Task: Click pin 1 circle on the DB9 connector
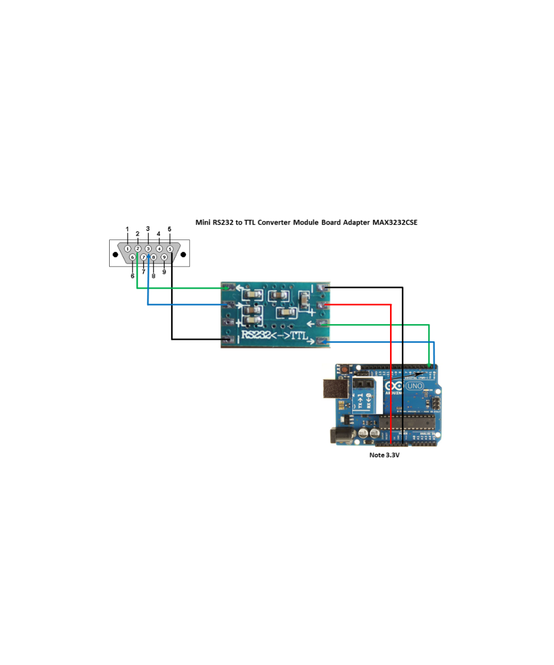pyautogui.click(x=127, y=249)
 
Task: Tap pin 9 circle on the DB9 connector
pyautogui.click(x=164, y=257)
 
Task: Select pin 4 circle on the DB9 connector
pyautogui.click(x=159, y=249)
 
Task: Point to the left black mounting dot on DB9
pyautogui.click(x=115, y=255)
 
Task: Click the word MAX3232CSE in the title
pyautogui.click(x=395, y=222)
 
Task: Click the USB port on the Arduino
pyautogui.click(x=336, y=388)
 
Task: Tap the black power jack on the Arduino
pyautogui.click(x=340, y=436)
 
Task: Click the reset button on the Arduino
pyautogui.click(x=345, y=369)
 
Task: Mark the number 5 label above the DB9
pyautogui.click(x=170, y=229)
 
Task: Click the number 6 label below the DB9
pyautogui.click(x=132, y=275)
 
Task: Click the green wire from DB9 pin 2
pyautogui.click(x=177, y=288)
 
